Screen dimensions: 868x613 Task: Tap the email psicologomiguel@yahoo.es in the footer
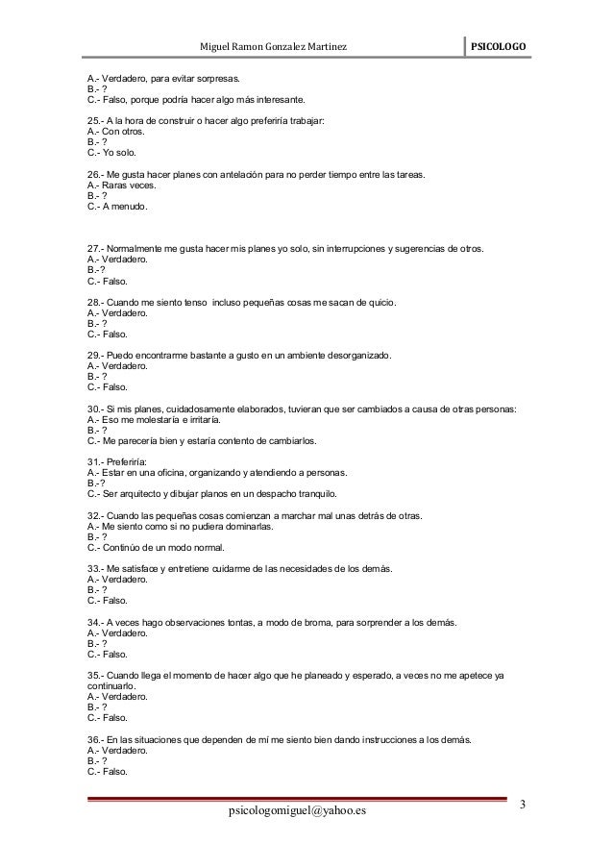pyautogui.click(x=298, y=814)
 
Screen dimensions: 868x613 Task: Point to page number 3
pyautogui.click(x=520, y=804)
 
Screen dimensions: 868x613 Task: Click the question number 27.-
pyautogui.click(x=95, y=250)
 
